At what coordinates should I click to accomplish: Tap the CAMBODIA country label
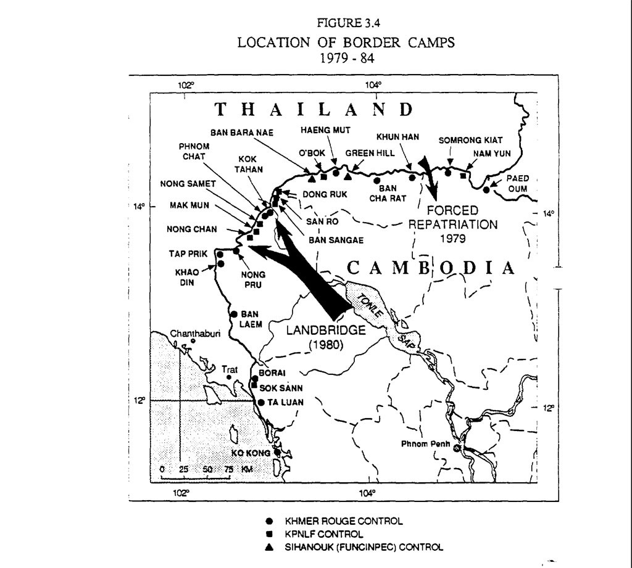(430, 268)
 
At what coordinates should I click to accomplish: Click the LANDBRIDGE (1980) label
(326, 337)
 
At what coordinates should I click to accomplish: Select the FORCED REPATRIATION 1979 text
(457, 223)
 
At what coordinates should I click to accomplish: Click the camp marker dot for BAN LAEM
(234, 314)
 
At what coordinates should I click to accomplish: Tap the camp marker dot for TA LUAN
(261, 403)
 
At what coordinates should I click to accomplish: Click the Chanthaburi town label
(191, 334)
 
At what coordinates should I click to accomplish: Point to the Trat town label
(230, 369)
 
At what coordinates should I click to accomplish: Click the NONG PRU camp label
(254, 279)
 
